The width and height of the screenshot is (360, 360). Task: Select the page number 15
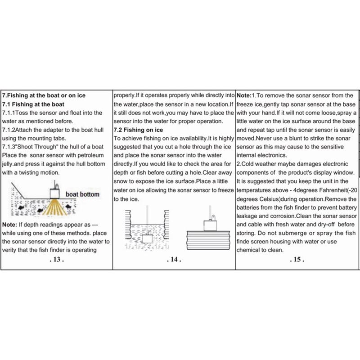(297, 260)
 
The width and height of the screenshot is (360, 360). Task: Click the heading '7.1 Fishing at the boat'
(33, 104)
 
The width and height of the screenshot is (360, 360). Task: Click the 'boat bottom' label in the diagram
(83, 194)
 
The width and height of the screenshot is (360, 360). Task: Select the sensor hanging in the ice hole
(147, 238)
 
